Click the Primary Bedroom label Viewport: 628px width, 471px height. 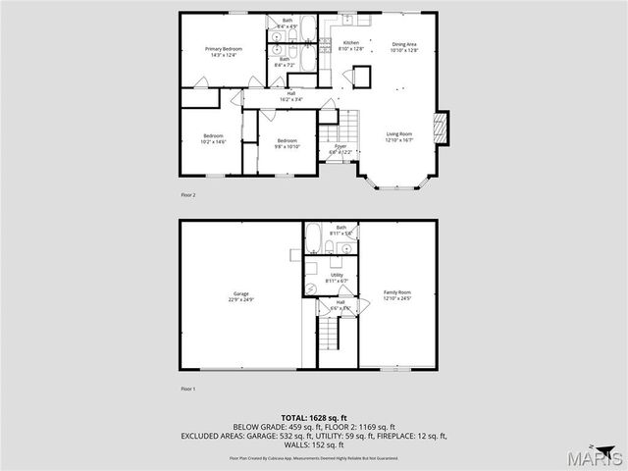point(224,51)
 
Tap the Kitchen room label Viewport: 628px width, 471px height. point(350,45)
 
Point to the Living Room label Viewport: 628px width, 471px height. point(398,136)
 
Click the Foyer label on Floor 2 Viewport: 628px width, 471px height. point(340,149)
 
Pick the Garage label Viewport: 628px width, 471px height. point(241,295)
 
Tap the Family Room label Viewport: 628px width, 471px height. point(396,295)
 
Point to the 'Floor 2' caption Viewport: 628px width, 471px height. point(188,195)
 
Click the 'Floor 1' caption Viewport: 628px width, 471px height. point(188,390)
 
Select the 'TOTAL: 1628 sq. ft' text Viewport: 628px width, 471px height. point(313,418)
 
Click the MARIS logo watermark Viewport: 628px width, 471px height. point(599,458)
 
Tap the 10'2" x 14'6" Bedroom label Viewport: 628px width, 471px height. point(213,138)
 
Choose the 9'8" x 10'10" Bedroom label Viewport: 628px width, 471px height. point(287,143)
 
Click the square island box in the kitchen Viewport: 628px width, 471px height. point(361,77)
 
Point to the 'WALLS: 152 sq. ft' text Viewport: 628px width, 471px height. point(314,445)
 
